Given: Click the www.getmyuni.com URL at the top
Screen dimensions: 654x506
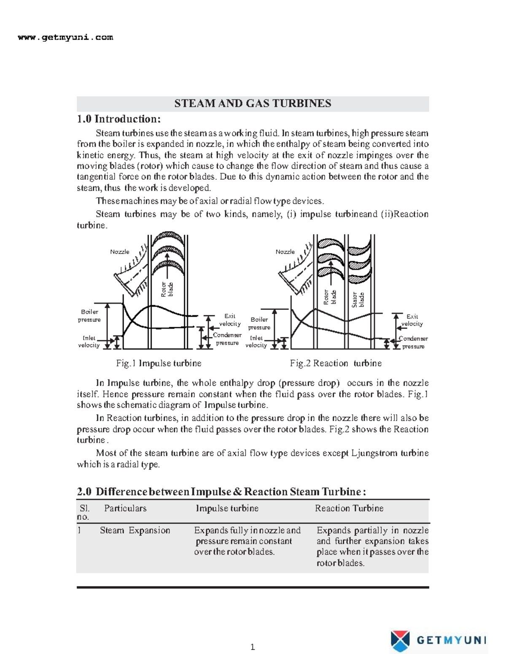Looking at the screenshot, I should point(65,37).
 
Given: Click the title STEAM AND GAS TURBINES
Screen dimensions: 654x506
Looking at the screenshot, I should point(253,104).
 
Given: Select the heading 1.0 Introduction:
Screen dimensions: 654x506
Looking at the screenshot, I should point(118,119).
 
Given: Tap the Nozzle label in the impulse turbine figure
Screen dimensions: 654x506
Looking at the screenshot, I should point(120,252).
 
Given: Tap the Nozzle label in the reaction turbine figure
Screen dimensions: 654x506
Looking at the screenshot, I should point(285,252).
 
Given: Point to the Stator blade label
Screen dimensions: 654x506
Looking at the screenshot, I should point(358,299).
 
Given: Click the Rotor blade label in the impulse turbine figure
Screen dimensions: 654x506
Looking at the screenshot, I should point(167,289).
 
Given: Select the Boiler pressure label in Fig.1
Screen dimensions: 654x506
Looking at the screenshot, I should point(89,316).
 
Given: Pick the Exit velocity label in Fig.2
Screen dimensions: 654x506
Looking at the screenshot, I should point(412,320).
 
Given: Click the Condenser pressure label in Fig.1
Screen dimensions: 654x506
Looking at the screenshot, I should point(227,339).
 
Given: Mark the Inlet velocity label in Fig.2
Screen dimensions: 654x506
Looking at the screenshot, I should point(256,342).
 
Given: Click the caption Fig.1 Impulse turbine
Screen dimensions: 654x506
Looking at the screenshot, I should point(159,363).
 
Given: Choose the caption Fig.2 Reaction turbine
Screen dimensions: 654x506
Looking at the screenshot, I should point(336,363).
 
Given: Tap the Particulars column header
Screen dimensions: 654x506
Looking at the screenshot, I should point(125,508).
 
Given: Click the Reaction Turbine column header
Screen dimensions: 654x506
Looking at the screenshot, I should point(349,508).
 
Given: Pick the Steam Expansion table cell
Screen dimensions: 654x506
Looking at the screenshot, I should point(135,531).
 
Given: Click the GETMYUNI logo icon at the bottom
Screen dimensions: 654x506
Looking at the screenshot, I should point(400,641).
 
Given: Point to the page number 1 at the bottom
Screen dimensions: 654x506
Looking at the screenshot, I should point(253,647).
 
